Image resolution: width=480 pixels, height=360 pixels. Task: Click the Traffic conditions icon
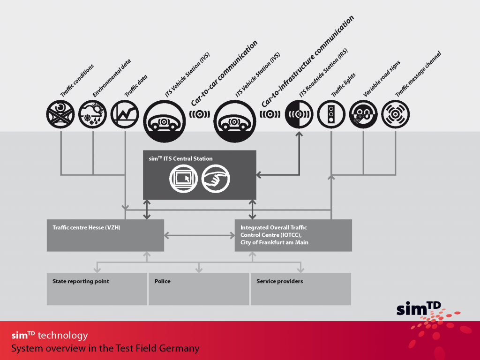60,114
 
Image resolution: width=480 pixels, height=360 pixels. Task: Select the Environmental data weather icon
92,114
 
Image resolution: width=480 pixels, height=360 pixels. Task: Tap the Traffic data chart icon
125,114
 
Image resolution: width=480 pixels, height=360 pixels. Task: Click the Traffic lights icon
331,114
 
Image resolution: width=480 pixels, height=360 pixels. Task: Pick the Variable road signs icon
363,114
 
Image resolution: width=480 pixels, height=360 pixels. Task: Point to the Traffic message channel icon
396,114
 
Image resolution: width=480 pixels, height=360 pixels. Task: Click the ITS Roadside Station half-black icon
299,114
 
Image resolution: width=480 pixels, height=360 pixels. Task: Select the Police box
199,289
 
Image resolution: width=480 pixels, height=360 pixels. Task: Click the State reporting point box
97,289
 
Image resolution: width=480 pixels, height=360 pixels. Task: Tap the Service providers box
301,289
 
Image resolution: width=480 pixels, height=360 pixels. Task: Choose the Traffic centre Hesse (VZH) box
105,235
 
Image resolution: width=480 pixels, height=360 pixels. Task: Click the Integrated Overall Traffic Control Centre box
293,235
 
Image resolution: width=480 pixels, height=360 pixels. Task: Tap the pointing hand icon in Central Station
216,179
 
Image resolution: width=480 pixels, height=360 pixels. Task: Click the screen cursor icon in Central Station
184,179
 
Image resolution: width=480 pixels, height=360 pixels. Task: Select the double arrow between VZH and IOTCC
200,235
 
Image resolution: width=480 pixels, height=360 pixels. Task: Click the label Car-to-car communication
224,73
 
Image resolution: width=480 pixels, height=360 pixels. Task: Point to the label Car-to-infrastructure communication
307,61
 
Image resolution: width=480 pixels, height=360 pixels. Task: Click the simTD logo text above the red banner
419,308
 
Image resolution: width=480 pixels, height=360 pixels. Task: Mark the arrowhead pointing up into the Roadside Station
299,134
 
